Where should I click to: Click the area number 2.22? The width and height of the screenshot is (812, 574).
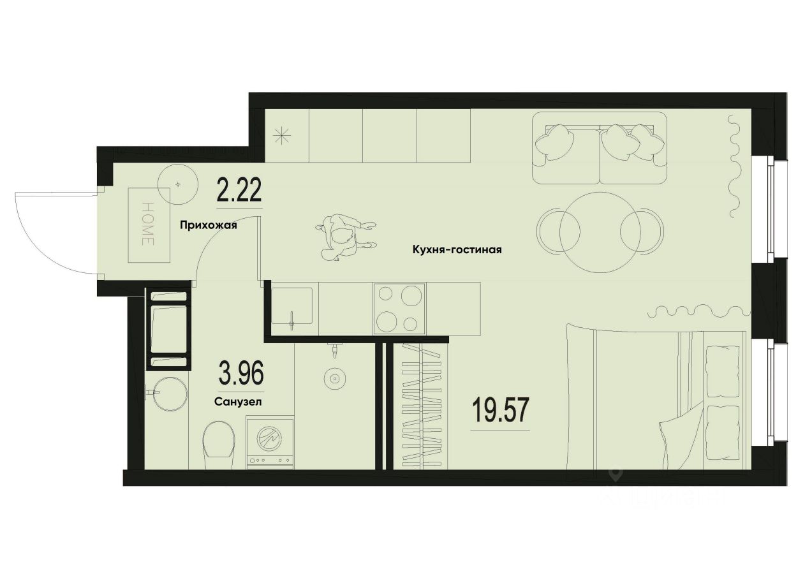click(x=239, y=191)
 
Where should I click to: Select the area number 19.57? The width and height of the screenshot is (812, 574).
click(x=500, y=410)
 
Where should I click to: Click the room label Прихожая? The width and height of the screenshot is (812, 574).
click(x=208, y=224)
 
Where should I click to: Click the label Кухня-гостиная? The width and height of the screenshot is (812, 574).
click(x=457, y=250)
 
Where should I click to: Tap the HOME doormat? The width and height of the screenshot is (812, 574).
click(x=149, y=224)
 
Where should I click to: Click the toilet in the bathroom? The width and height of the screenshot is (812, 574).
click(x=218, y=441)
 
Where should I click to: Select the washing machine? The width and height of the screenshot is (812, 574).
click(x=270, y=442)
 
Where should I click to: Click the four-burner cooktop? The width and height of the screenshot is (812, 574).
click(x=400, y=309)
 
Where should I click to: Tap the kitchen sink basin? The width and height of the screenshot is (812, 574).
click(x=292, y=307)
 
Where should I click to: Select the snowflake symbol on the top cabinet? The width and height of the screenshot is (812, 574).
click(x=282, y=135)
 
